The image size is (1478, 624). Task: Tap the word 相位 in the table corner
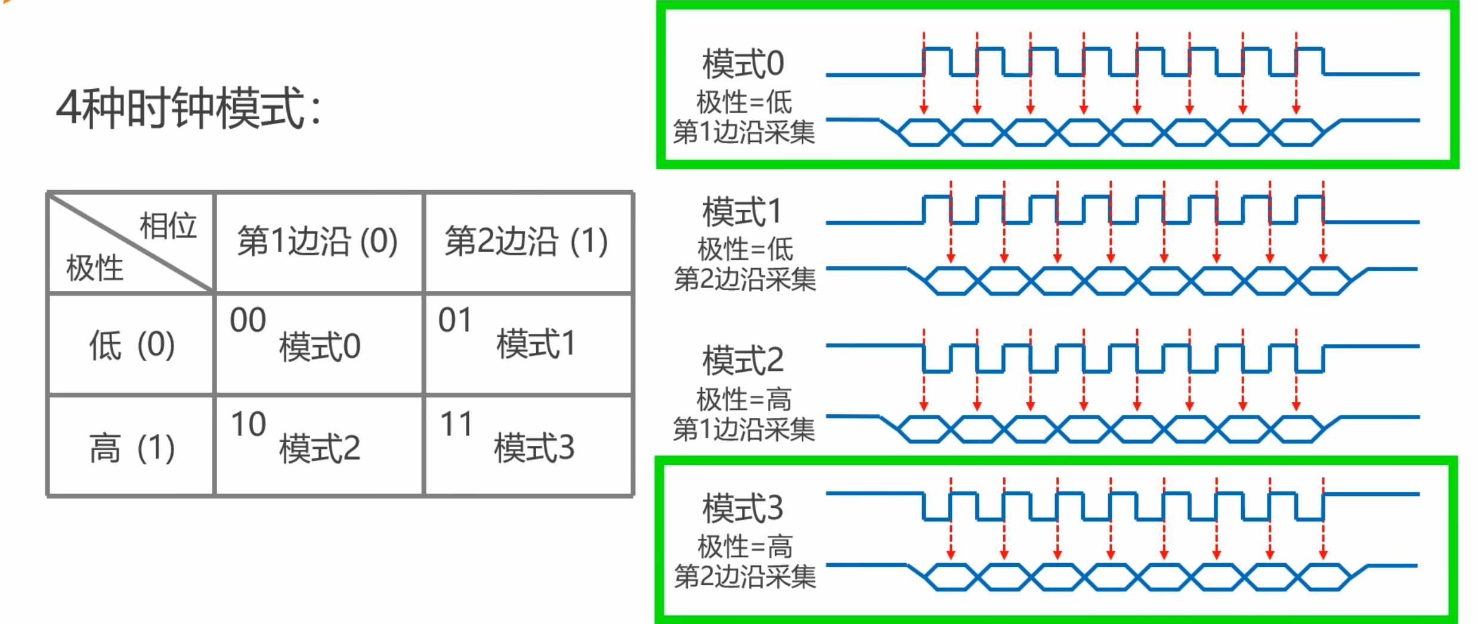(168, 226)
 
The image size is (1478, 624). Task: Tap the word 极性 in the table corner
(95, 268)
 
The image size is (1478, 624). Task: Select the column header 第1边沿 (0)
(317, 241)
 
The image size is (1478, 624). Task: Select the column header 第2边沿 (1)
(526, 241)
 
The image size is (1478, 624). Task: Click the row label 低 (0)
(132, 345)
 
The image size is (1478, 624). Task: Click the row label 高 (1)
(132, 448)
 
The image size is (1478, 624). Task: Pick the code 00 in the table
(248, 320)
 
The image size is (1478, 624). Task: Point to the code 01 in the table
(455, 320)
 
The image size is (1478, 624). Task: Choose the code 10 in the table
(248, 424)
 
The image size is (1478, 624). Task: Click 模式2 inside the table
(320, 449)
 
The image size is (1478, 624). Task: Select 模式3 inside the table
(534, 448)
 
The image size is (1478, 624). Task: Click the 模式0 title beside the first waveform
(743, 64)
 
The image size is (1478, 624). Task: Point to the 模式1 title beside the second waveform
(742, 212)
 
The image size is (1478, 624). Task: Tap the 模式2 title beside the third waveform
(743, 360)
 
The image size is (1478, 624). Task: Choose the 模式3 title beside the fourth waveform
(743, 508)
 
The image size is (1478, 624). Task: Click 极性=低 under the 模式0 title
(744, 103)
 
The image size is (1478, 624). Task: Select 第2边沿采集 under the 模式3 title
(745, 576)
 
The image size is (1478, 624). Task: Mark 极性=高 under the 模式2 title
(744, 399)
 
